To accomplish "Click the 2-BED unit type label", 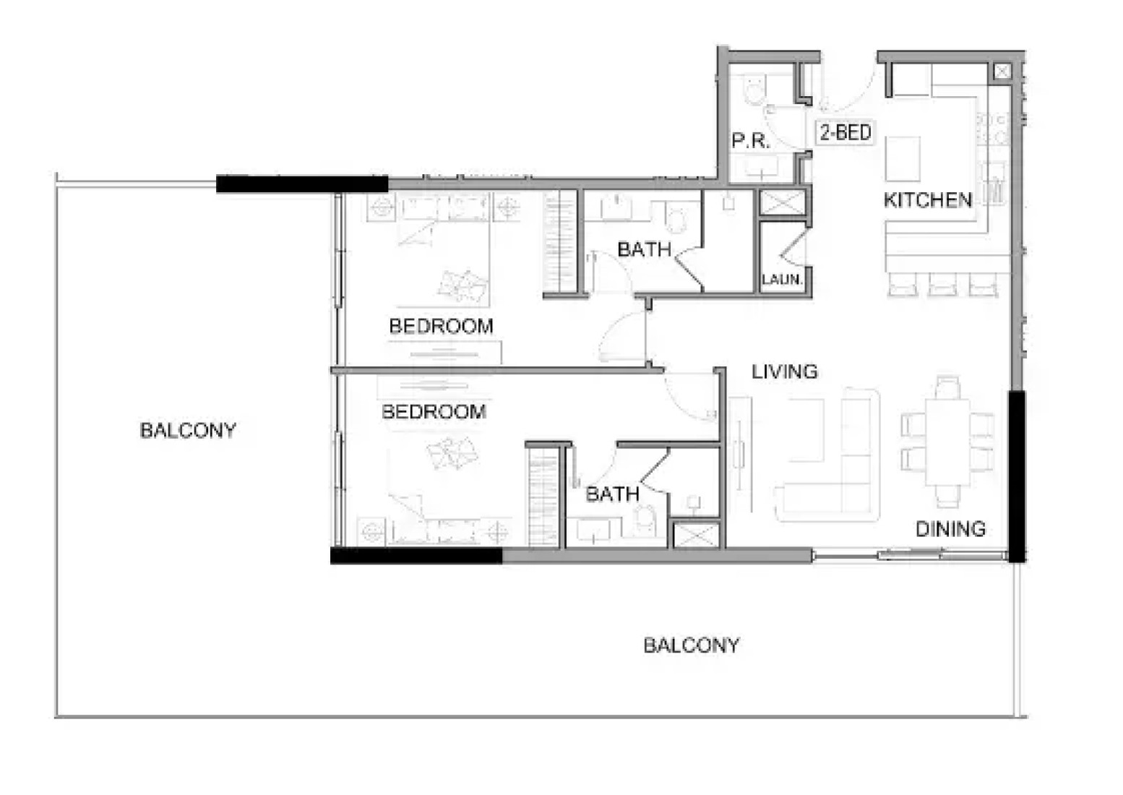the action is (x=846, y=132).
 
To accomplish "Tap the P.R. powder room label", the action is (x=750, y=141).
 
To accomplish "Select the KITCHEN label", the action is (x=927, y=200).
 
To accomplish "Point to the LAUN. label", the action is (x=783, y=279).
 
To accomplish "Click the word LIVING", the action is (x=785, y=371).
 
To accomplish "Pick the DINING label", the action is (x=950, y=529).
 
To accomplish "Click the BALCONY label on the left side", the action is (x=188, y=430).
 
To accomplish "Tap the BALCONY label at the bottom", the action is (x=692, y=645).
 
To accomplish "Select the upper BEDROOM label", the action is (x=441, y=326).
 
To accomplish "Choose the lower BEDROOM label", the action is (x=434, y=411).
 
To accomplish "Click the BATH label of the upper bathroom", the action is (x=644, y=249).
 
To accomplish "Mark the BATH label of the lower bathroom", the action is (x=612, y=494).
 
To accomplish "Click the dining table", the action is (x=947, y=442).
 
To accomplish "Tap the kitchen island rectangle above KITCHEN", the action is (x=903, y=159).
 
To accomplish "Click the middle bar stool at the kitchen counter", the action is (x=942, y=284).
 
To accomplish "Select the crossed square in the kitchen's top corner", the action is (x=1002, y=72).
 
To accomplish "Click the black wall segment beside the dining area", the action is (x=1017, y=476).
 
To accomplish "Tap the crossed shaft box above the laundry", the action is (x=783, y=202).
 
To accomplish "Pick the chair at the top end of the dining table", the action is (x=947, y=387).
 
